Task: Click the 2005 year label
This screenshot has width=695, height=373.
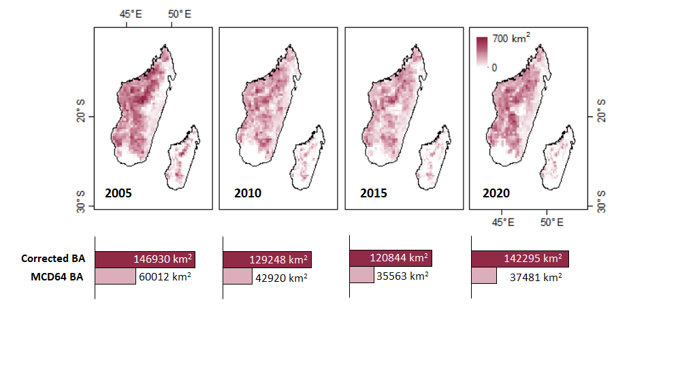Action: pos(118,193)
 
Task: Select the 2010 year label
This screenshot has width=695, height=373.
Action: pos(248,193)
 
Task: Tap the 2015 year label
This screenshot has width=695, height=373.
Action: pos(374,193)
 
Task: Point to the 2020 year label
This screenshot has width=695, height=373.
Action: pos(496,193)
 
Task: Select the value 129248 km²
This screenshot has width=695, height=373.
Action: pos(278,259)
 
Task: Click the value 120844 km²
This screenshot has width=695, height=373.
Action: pos(399,258)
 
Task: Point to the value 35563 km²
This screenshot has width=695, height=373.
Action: pos(402,276)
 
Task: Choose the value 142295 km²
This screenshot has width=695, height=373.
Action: pos(532,259)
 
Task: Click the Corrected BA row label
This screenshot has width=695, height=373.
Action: pos(54,259)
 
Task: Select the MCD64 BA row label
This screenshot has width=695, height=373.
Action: pos(57,276)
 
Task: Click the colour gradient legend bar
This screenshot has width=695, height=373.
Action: pos(482,52)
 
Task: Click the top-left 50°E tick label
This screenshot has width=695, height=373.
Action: pos(180,14)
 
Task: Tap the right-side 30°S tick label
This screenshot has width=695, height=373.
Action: pos(601,204)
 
